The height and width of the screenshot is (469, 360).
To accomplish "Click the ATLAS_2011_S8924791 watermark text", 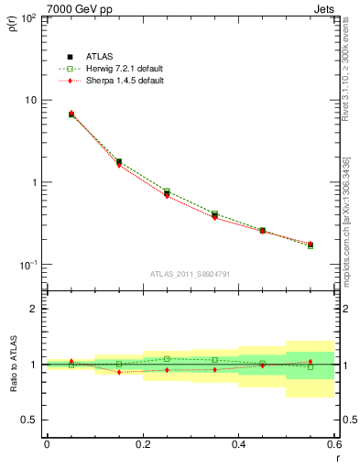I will coord(191,274).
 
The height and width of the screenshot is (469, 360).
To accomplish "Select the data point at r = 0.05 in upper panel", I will coord(71,115).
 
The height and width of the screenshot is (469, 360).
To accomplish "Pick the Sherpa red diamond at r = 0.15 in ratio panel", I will coord(119,372).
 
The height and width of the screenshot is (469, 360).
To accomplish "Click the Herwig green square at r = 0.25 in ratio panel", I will coord(167,359).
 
